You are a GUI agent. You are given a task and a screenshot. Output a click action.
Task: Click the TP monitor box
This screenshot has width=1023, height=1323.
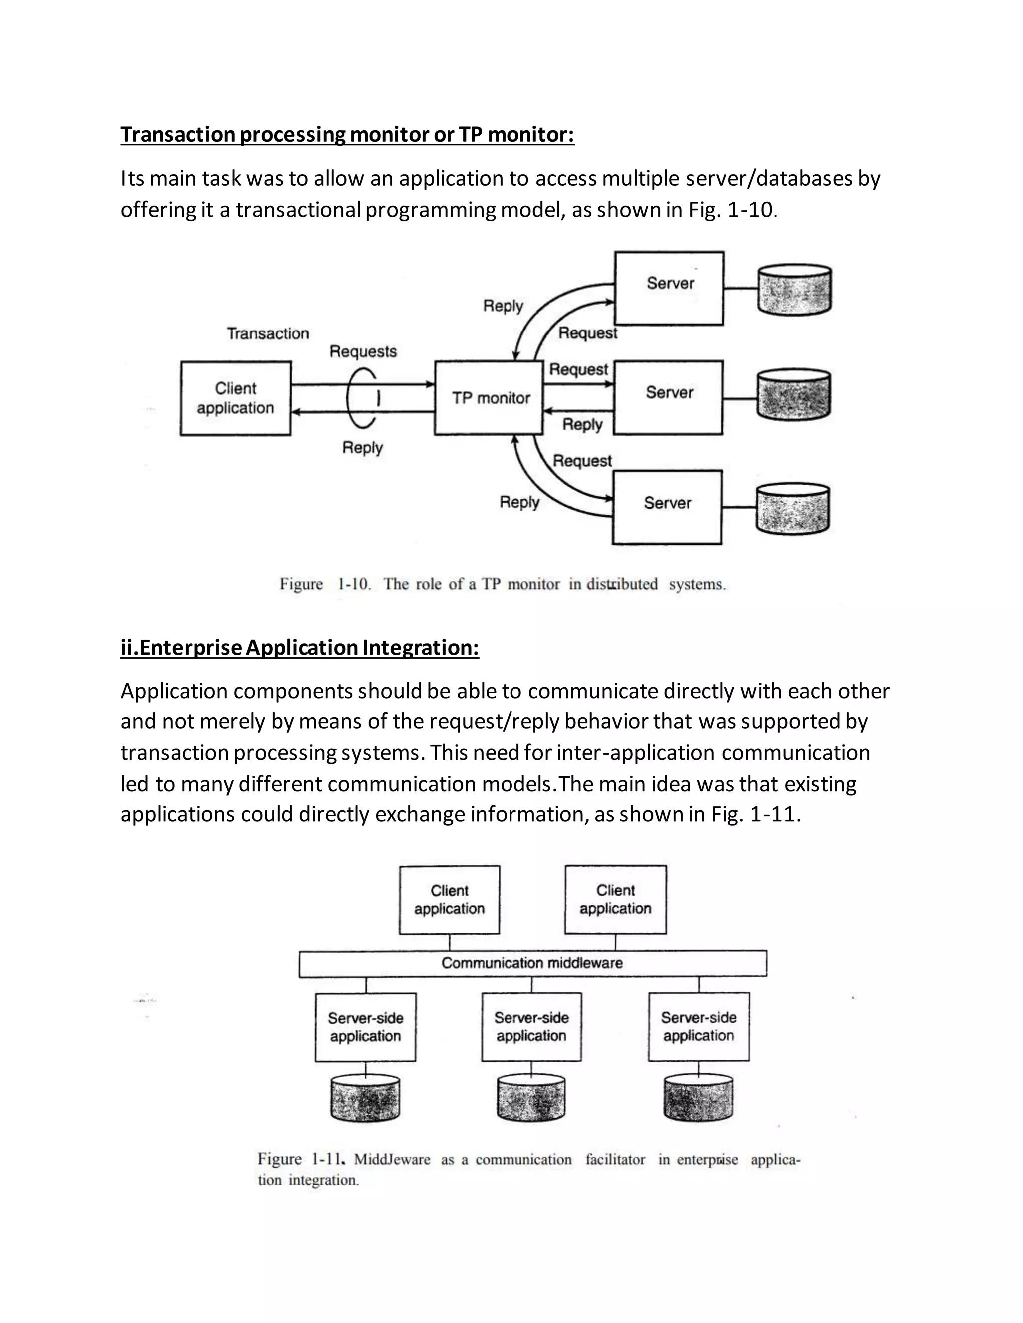489,398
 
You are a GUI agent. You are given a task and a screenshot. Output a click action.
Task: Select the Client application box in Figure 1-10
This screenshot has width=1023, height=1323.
236,398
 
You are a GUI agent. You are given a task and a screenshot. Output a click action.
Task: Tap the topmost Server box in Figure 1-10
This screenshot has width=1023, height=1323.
669,289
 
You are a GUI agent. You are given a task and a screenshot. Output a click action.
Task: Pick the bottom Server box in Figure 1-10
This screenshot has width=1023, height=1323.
667,507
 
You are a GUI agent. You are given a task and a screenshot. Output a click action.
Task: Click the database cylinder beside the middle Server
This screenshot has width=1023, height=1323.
793,395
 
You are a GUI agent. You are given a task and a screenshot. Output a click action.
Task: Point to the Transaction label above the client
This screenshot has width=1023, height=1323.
268,334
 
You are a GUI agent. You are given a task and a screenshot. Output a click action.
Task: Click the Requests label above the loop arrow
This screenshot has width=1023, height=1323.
363,352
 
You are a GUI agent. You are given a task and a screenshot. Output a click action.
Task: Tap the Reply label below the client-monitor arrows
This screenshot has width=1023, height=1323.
363,448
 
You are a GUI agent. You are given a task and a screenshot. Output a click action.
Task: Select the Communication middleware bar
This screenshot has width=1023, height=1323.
532,963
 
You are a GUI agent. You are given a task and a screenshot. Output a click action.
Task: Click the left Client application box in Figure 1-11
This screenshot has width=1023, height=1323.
449,900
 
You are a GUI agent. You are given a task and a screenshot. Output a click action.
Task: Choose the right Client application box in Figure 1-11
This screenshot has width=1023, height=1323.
615,900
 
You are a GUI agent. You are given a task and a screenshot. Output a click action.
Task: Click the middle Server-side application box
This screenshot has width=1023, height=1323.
531,1027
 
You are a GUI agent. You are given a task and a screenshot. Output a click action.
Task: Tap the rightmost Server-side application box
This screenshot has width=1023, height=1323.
698,1027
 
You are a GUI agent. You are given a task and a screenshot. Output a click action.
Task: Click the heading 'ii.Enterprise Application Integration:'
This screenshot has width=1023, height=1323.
299,647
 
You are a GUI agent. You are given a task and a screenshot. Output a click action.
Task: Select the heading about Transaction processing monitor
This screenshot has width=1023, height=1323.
347,134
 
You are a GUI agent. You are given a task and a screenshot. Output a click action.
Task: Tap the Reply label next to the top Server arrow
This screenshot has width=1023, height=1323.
503,306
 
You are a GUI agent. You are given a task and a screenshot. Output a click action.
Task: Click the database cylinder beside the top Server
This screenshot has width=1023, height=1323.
795,289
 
